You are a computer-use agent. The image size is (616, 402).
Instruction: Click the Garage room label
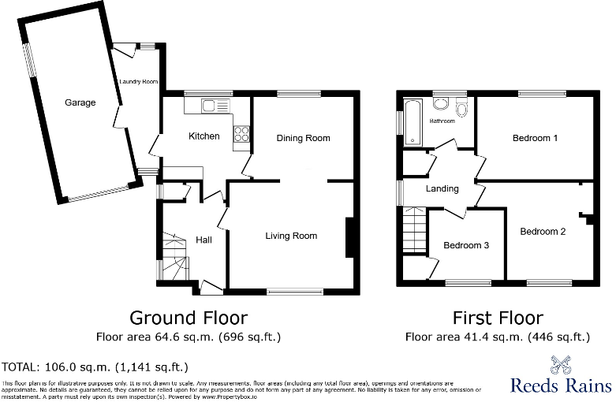80,102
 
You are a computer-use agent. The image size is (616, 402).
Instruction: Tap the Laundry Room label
138,82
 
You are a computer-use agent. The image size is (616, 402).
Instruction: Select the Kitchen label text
203,136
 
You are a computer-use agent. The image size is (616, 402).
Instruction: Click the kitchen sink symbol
212,106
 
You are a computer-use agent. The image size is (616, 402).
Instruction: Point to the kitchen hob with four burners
241,137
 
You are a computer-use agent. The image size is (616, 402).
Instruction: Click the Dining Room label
303,138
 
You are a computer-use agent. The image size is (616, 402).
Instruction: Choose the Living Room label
291,236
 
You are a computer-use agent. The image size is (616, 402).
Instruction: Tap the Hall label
203,240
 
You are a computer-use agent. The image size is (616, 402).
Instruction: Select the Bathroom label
442,121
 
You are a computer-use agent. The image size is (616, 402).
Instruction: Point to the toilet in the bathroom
461,108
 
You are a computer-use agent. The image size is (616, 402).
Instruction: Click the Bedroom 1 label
536,138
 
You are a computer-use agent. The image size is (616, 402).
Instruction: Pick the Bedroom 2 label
543,232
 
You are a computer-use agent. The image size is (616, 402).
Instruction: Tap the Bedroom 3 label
466,245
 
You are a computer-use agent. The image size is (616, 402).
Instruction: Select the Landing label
442,189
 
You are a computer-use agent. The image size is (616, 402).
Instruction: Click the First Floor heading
497,318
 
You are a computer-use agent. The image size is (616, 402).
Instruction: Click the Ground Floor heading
189,318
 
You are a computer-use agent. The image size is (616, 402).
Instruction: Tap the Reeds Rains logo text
560,385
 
